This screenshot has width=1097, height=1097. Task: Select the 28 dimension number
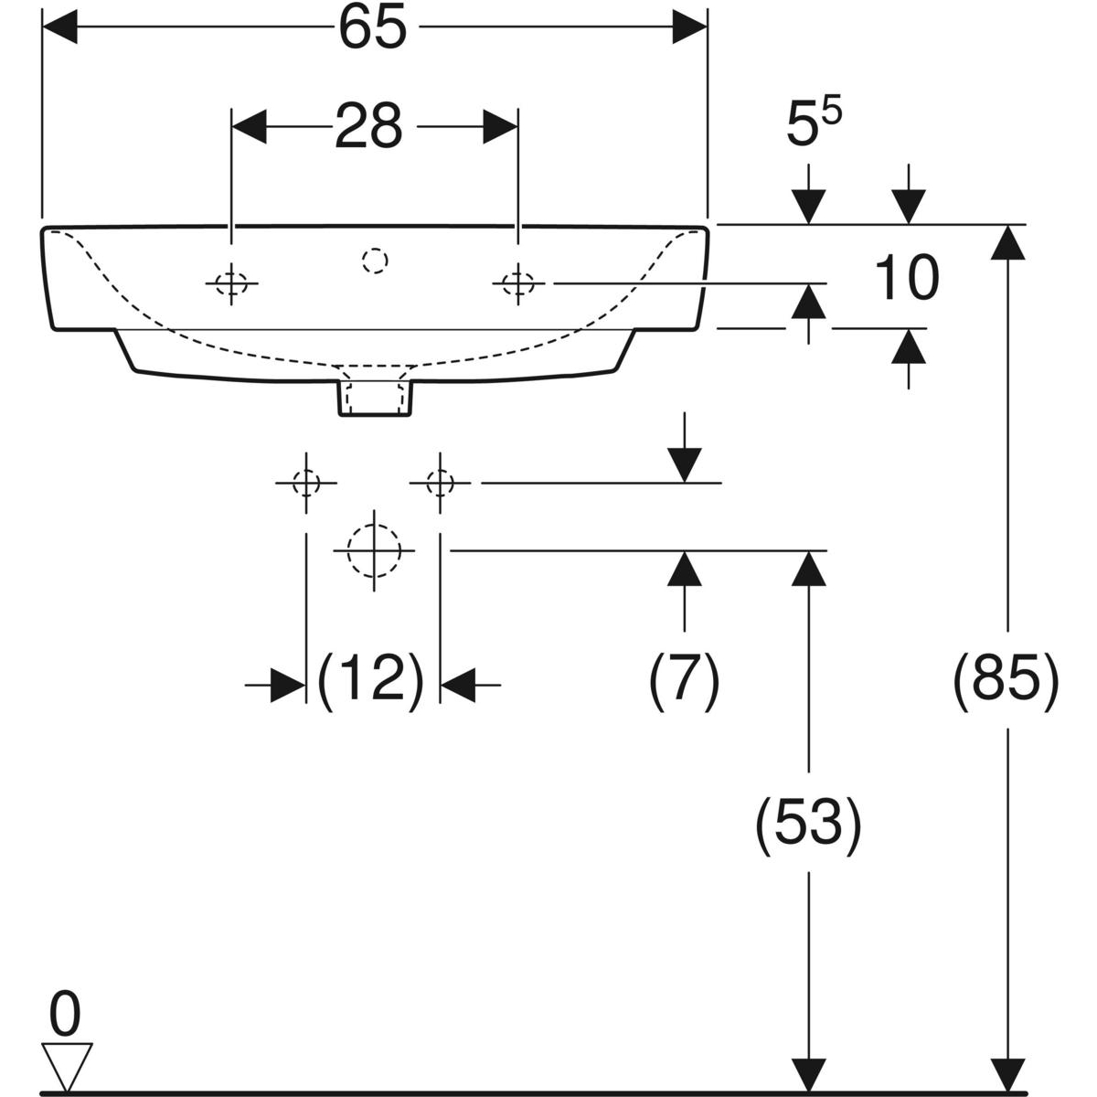(368, 126)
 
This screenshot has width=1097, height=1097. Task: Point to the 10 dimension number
(905, 279)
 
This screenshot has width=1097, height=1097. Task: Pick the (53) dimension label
(808, 825)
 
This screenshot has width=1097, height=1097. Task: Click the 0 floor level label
(65, 1015)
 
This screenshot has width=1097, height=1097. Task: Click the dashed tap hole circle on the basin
(375, 261)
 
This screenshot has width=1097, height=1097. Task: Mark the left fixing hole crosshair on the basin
(232, 284)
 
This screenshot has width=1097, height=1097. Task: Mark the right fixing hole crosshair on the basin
(518, 284)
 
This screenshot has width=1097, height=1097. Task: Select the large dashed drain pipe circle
(374, 550)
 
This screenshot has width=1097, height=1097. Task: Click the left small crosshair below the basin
(305, 482)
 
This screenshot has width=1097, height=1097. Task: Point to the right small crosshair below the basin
(441, 482)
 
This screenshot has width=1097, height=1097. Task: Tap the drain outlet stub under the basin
(375, 395)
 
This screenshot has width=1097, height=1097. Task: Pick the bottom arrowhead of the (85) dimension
(1007, 1073)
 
